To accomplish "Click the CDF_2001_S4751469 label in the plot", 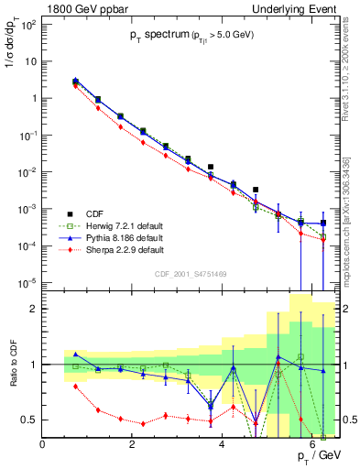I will pyautogui.click(x=191, y=272).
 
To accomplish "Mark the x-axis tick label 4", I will pyautogui.click(x=212, y=446).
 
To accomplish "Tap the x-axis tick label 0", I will pyautogui.click(x=43, y=446).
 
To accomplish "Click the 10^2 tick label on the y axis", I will pyautogui.click(x=27, y=24).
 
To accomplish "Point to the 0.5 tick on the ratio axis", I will pyautogui.click(x=29, y=420).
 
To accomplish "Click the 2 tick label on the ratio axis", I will pyautogui.click(x=33, y=309).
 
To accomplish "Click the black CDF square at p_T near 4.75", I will pyautogui.click(x=256, y=190).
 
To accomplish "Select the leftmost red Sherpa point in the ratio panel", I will pyautogui.click(x=76, y=386).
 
